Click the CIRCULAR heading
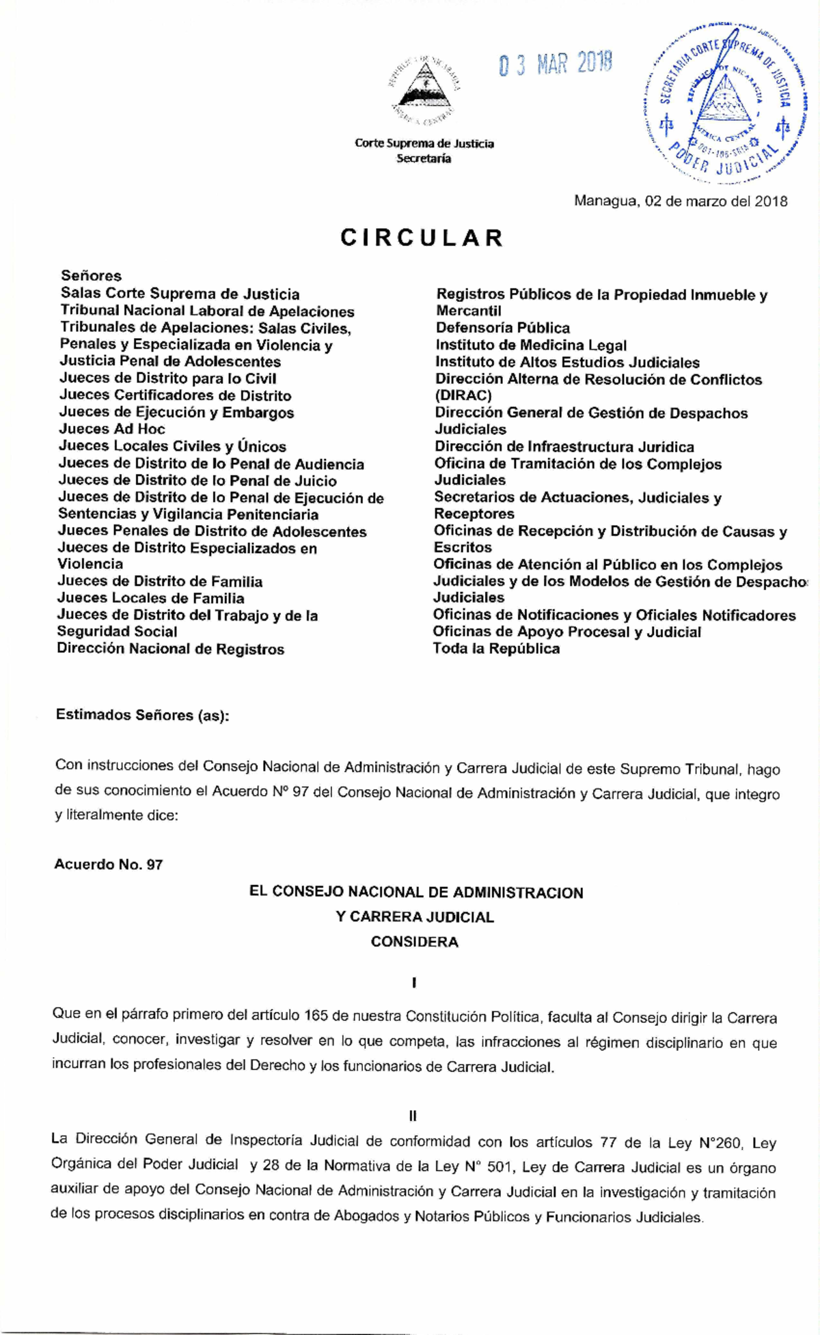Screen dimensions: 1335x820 coord(422,238)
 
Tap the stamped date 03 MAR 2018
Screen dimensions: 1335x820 coord(556,64)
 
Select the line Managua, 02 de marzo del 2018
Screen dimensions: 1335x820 coord(681,201)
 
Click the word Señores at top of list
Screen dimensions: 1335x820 coord(91,276)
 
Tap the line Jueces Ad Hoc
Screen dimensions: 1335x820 coord(112,429)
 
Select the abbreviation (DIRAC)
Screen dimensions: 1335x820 coord(463,395)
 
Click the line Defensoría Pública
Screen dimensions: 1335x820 coord(502,328)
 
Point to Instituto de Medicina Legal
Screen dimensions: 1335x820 coord(531,346)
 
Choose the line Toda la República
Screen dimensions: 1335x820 coord(496,649)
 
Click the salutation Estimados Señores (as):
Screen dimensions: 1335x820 coord(143,715)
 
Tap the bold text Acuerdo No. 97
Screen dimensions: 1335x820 coord(109,865)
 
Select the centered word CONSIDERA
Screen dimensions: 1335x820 coord(414,942)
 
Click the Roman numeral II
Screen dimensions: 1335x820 coord(413,1116)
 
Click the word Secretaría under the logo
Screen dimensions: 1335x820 coord(424,158)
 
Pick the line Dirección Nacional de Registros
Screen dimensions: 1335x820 coord(170,649)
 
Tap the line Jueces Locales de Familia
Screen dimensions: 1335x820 coord(150,598)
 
